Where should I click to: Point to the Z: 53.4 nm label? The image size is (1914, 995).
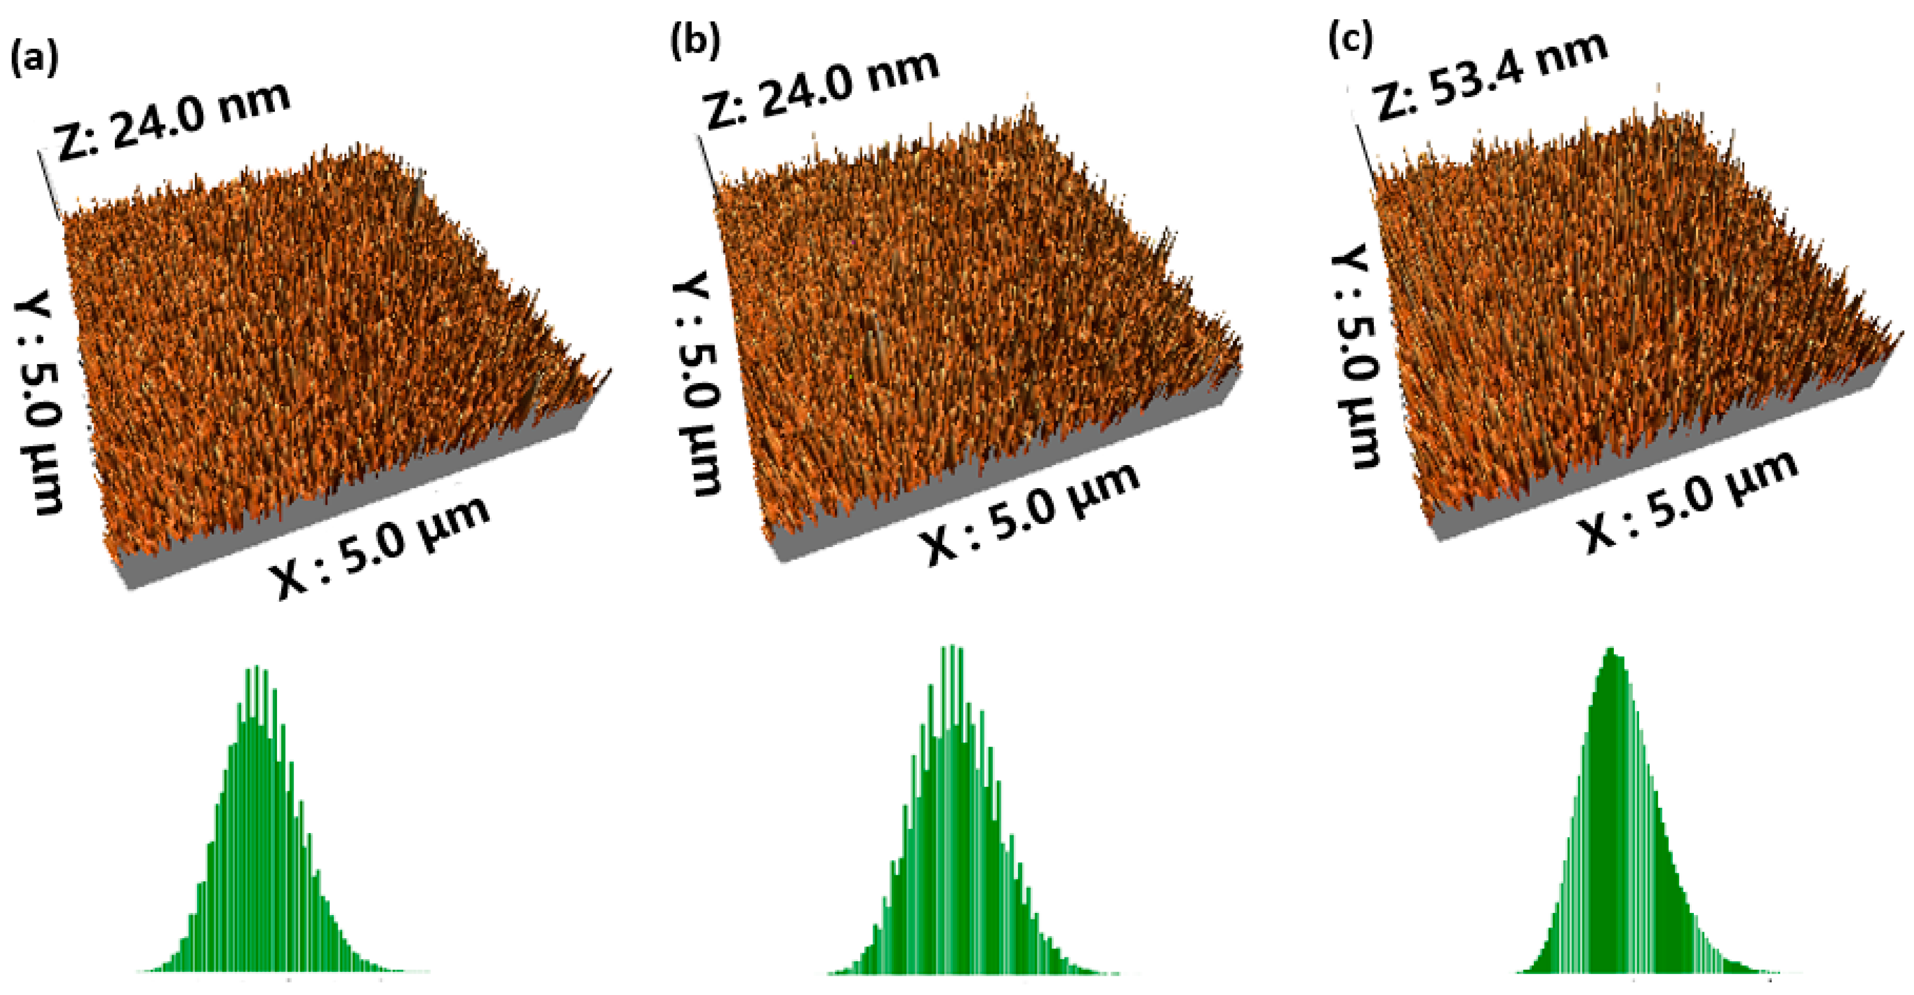pyautogui.click(x=1490, y=74)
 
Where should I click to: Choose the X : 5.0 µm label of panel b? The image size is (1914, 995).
pyautogui.click(x=1029, y=512)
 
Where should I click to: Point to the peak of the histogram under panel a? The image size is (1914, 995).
pyautogui.click(x=256, y=668)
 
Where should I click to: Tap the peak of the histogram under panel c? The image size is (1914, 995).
pyautogui.click(x=1611, y=651)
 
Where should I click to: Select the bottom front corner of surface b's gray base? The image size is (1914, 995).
pyautogui.click(x=780, y=558)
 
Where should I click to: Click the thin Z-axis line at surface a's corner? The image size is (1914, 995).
pyautogui.click(x=49, y=186)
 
